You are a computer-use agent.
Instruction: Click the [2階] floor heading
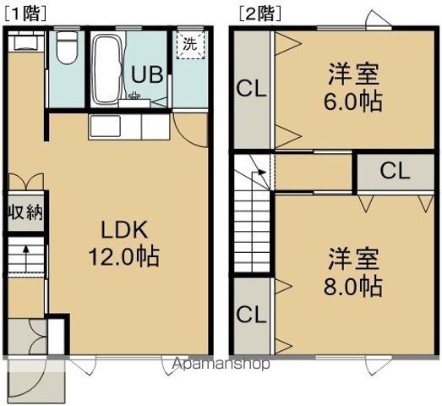[259, 13]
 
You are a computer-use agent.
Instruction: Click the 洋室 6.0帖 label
[354, 88]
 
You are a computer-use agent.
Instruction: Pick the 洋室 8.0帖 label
[354, 272]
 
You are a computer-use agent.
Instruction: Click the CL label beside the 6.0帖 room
[250, 88]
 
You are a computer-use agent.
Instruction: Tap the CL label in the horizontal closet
[395, 172]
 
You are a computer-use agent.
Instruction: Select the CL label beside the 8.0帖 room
[250, 315]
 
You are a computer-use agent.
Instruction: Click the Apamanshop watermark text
[221, 365]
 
